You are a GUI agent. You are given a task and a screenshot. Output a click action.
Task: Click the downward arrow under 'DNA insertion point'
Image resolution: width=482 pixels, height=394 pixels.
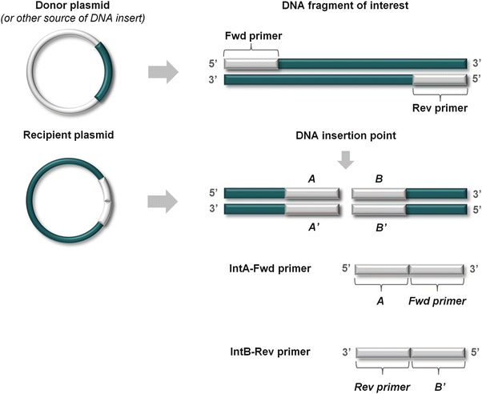(x=345, y=161)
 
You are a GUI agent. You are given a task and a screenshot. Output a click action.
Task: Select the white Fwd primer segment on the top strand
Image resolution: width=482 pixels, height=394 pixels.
(x=251, y=63)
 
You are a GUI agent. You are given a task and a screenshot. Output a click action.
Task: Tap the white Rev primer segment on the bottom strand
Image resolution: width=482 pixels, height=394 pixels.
(x=439, y=80)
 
